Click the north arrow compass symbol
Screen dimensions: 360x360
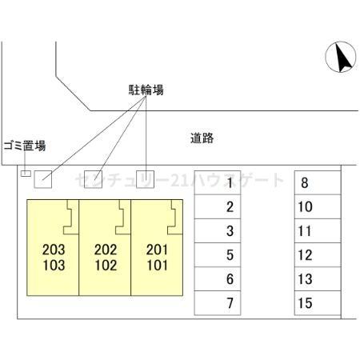[341, 57]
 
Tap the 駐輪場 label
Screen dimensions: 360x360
[146, 90]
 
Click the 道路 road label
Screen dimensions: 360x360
[202, 138]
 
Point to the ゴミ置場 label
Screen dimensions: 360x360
[25, 146]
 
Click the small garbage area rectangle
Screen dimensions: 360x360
[26, 174]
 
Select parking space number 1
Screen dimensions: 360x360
[218, 182]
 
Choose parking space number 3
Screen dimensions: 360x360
[218, 230]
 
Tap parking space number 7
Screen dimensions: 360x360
[218, 303]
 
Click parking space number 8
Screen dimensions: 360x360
[318, 182]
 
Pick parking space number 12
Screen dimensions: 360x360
[318, 254]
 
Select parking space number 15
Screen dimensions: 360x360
[318, 303]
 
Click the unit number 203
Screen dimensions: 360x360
[54, 250]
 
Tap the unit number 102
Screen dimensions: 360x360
[106, 266]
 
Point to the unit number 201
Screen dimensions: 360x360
[158, 250]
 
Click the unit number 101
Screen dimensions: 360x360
[158, 266]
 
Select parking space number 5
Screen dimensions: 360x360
[218, 254]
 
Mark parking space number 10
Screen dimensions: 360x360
[318, 206]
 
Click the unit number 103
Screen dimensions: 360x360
[54, 266]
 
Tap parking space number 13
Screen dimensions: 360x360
[318, 279]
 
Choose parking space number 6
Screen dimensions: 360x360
[218, 279]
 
